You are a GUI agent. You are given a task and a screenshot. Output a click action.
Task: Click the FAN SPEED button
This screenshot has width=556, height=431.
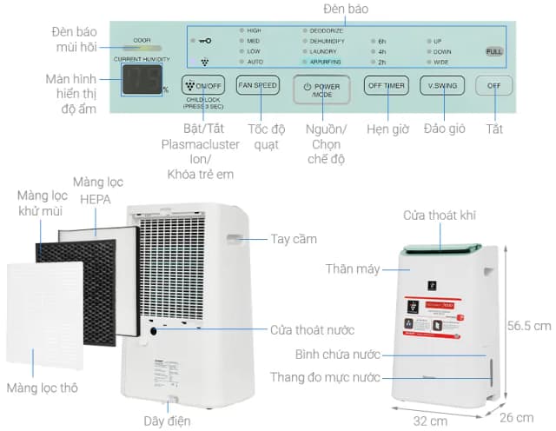click(258, 86)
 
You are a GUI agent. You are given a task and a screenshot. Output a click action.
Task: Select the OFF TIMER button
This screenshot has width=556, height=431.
click(386, 86)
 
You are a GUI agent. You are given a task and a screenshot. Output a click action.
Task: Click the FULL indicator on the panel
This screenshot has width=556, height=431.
click(493, 52)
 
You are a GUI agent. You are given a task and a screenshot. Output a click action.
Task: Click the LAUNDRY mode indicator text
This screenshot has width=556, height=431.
click(325, 52)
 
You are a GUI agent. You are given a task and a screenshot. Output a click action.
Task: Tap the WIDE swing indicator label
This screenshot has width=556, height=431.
click(441, 63)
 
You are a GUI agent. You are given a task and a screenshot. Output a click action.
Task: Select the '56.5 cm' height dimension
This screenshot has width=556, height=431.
click(529, 327)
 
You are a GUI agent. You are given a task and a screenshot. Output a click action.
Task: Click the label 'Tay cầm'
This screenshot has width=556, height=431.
click(293, 239)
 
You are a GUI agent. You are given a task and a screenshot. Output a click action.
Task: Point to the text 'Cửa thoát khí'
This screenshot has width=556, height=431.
click(439, 215)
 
